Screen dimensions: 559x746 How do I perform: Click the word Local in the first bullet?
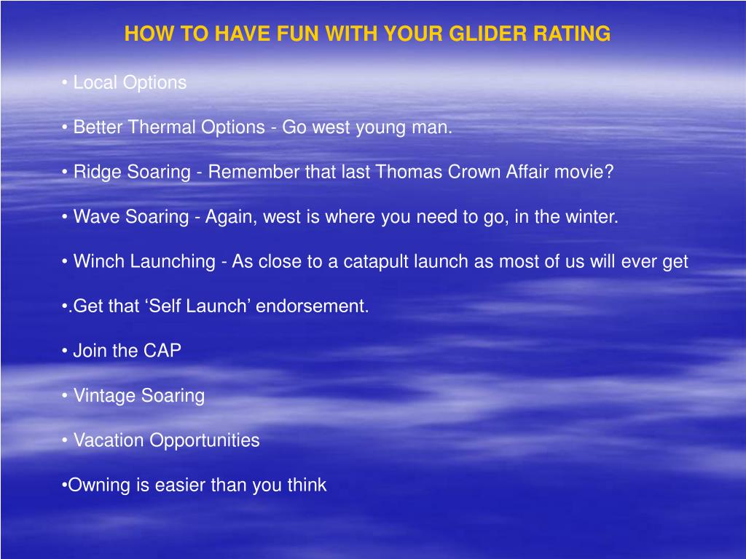point(95,83)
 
